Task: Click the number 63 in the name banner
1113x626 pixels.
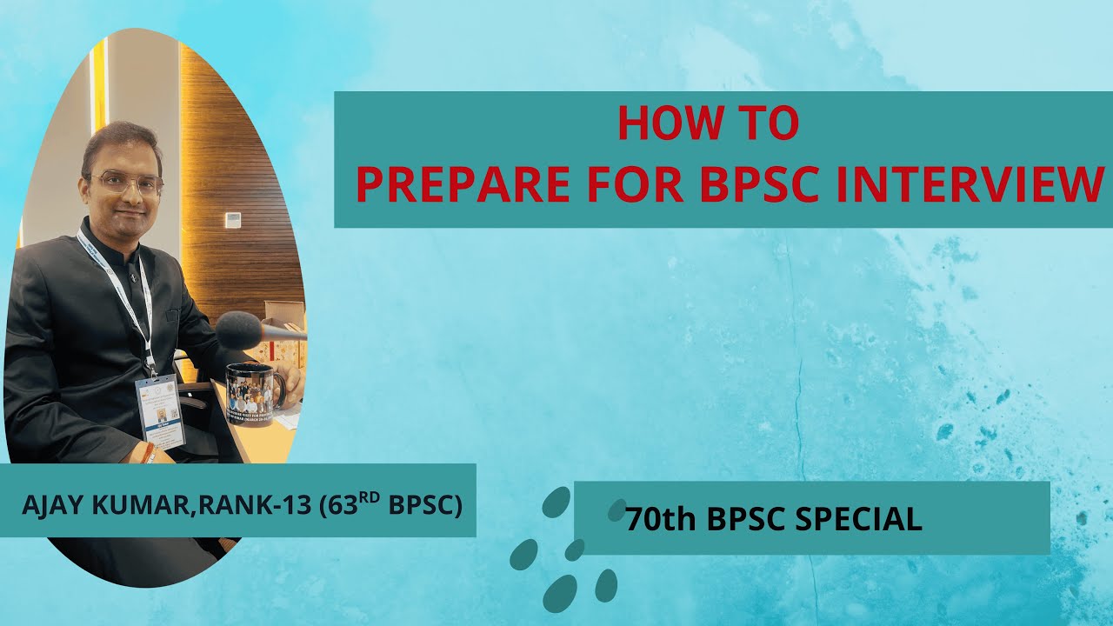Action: pos(336,506)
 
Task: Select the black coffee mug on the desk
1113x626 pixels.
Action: pos(251,389)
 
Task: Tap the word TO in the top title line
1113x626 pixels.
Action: pos(766,124)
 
